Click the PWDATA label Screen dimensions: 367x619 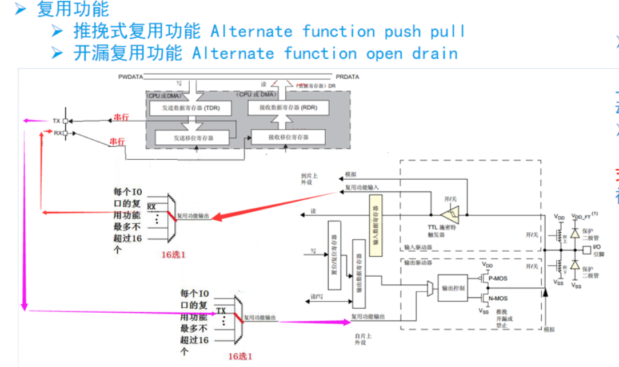[130, 76]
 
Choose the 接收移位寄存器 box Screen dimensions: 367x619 [288, 137]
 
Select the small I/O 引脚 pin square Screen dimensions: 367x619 [586, 250]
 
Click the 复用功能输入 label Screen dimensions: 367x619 [361, 187]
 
